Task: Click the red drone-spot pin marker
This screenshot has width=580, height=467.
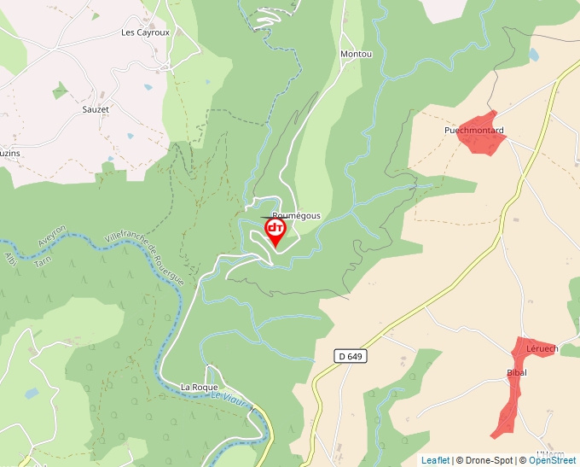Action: (x=275, y=231)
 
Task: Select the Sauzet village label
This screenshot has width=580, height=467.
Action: (x=96, y=109)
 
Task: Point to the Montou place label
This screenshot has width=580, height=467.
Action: (x=356, y=54)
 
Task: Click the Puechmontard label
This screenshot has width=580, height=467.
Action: (x=473, y=131)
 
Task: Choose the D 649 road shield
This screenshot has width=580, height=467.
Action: (x=350, y=355)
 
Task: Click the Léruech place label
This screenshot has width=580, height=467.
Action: (x=542, y=348)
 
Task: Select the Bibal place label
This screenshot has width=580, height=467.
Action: (x=517, y=372)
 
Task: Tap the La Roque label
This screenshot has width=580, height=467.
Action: (x=199, y=387)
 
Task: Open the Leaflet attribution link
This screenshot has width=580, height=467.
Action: (x=435, y=460)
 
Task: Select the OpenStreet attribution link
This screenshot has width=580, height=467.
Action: (x=552, y=460)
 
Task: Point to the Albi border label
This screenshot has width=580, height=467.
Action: (x=10, y=258)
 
